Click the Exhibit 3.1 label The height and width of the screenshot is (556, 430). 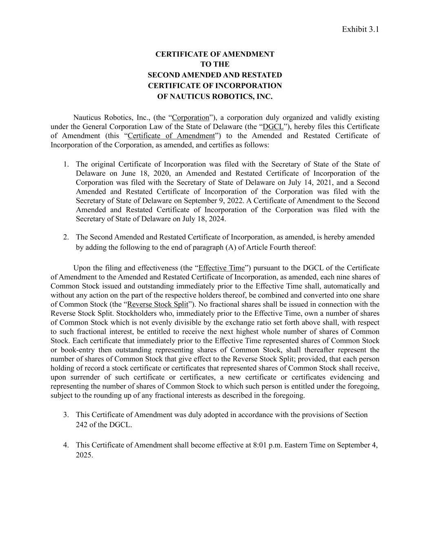[x=360, y=29]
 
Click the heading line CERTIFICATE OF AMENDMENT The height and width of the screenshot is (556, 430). [x=215, y=54]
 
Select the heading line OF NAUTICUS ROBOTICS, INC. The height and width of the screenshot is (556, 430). [x=215, y=97]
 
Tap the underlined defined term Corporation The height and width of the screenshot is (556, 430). [x=190, y=118]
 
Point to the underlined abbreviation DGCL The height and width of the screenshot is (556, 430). [x=273, y=127]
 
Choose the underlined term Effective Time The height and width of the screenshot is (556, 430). [x=221, y=268]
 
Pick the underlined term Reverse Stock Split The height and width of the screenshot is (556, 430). [x=158, y=304]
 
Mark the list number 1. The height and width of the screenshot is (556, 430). [x=65, y=164]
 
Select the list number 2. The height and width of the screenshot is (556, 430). [x=65, y=237]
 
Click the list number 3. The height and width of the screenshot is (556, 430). [x=65, y=415]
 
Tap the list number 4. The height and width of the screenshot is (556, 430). [x=65, y=445]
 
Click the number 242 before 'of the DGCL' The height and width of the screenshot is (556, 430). [x=82, y=424]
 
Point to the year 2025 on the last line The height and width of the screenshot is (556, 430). [x=84, y=455]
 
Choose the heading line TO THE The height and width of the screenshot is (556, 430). [x=215, y=64]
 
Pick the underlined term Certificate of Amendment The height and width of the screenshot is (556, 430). [x=171, y=136]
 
